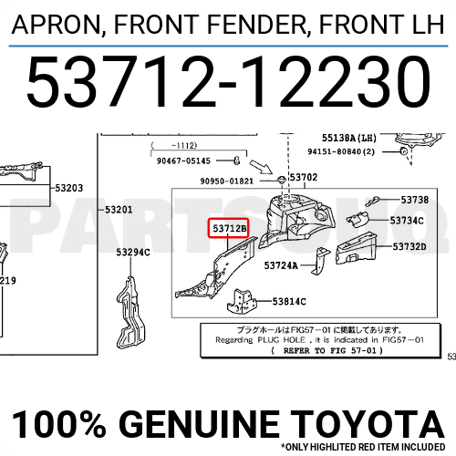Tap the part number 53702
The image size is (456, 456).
(303, 178)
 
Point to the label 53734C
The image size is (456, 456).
(409, 220)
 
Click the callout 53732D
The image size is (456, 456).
(409, 246)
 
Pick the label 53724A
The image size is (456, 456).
(281, 265)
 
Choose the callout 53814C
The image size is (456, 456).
(290, 300)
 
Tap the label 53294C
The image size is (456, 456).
(133, 253)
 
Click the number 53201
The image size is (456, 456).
(119, 210)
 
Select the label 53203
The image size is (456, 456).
(68, 189)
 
